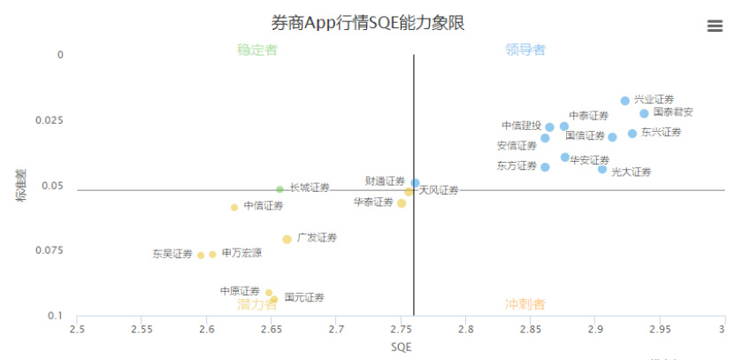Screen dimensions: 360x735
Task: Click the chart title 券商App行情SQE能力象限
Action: pyautogui.click(x=367, y=22)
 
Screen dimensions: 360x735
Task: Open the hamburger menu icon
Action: pyautogui.click(x=715, y=26)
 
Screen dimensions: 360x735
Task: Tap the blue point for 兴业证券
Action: pyautogui.click(x=624, y=101)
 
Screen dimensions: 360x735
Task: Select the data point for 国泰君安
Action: pyautogui.click(x=644, y=113)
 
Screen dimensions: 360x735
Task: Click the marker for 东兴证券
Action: pyautogui.click(x=632, y=134)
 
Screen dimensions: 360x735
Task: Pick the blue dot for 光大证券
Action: pyautogui.click(x=602, y=169)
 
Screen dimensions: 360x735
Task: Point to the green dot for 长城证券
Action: pyautogui.click(x=279, y=189)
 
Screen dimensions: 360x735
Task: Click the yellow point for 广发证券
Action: pyautogui.click(x=287, y=239)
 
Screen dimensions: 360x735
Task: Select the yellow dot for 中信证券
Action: pyautogui.click(x=234, y=208)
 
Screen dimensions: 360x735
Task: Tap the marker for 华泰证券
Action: pyautogui.click(x=401, y=203)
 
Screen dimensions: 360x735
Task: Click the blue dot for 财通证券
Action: pyautogui.click(x=415, y=183)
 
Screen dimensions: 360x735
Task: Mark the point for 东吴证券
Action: pyautogui.click(x=201, y=255)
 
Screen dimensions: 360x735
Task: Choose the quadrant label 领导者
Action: pyautogui.click(x=525, y=50)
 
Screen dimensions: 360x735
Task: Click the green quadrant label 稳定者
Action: pyautogui.click(x=257, y=50)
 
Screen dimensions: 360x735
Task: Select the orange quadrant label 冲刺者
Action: pyautogui.click(x=525, y=304)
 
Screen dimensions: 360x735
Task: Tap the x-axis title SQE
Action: pyautogui.click(x=401, y=347)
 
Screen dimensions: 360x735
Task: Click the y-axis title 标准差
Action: pyautogui.click(x=19, y=185)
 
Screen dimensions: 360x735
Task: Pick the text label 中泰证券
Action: pyautogui.click(x=589, y=116)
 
